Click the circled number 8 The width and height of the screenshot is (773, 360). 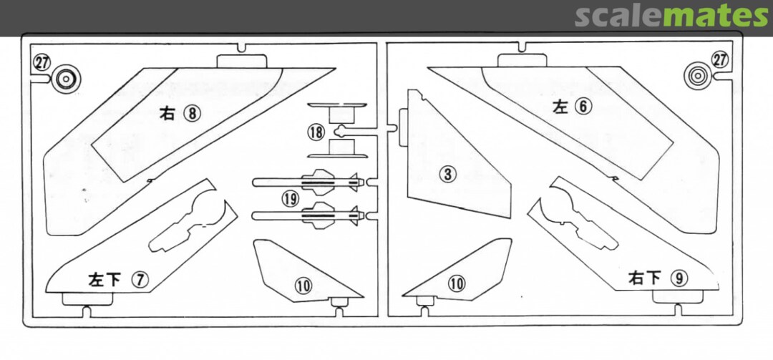point(193,114)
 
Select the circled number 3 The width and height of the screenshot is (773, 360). point(447,174)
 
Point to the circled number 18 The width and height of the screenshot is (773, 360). point(316,132)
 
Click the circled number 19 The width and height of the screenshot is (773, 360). point(291,199)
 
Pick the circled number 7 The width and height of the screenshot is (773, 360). point(140,280)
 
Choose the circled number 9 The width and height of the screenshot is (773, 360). point(679,278)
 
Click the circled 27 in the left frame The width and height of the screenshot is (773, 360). point(42,63)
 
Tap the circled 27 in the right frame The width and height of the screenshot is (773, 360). point(720,59)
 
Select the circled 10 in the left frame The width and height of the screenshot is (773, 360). point(303,286)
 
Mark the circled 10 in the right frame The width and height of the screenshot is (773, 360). point(457,283)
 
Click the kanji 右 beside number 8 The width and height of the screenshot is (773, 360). point(167,114)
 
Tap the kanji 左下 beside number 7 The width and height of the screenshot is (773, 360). point(104,280)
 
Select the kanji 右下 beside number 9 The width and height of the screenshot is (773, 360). point(644,278)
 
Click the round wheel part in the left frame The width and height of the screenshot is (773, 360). point(67,79)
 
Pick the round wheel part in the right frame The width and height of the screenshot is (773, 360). point(698,76)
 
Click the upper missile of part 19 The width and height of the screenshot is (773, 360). point(308,183)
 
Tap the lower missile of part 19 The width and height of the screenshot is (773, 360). point(308,215)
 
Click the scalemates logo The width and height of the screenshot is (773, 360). point(671,16)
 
